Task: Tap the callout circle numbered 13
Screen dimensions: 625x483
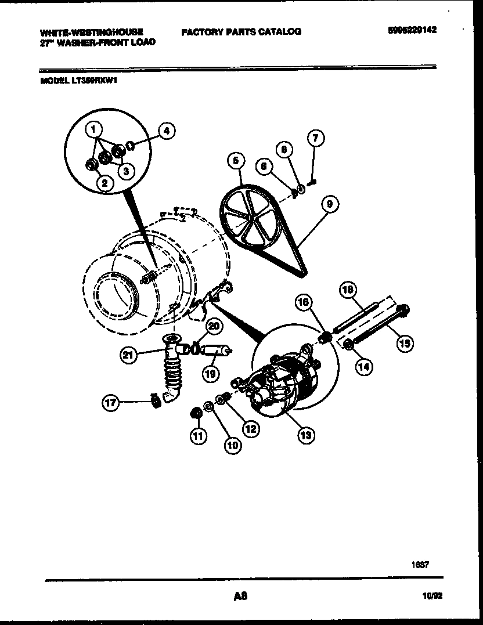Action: pos(306,435)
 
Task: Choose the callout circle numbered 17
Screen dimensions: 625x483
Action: pos(111,402)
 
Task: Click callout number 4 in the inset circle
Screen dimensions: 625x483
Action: pos(166,131)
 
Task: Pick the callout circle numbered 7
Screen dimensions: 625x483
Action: pos(315,138)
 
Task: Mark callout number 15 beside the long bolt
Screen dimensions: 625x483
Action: pos(404,344)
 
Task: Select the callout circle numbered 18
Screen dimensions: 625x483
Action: pos(347,290)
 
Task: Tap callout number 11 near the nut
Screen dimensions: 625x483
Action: pos(199,436)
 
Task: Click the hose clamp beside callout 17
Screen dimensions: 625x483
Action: pos(155,400)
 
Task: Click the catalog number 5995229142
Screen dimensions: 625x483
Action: pos(412,30)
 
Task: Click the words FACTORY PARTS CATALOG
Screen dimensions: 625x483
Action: pos(241,31)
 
